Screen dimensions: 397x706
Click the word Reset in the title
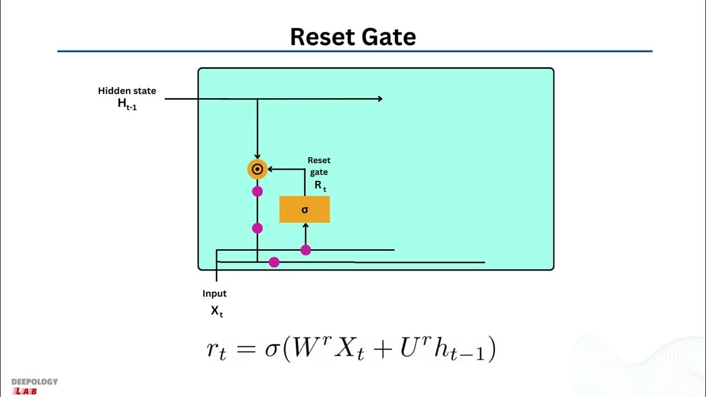pos(322,37)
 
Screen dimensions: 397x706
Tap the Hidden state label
pos(127,91)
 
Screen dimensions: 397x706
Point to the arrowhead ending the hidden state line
pos(379,99)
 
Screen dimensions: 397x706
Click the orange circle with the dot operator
pos(257,169)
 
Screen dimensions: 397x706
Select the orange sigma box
pos(304,210)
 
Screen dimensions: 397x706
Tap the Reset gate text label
pos(319,166)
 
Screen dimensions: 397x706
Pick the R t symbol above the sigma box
pos(320,186)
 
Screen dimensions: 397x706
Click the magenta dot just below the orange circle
pos(257,191)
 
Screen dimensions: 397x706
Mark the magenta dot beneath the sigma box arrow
pos(306,250)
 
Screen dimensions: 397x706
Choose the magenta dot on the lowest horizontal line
pos(274,262)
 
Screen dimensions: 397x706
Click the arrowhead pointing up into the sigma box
pos(306,226)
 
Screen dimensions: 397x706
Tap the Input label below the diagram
pos(215,293)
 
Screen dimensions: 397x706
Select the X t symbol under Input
pos(217,311)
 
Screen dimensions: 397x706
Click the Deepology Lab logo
pos(34,386)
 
